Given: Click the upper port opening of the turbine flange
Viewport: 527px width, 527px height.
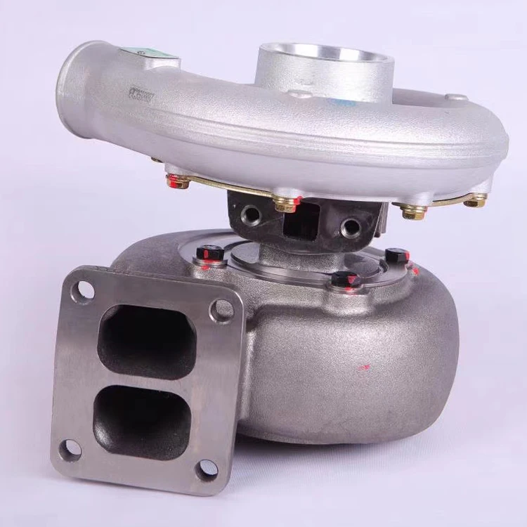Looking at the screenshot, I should [146, 341].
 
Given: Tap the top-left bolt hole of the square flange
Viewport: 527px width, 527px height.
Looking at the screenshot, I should [85, 289].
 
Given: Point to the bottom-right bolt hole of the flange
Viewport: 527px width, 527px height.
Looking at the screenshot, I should [206, 469].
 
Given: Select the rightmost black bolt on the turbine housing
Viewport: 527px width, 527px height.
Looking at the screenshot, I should [396, 256].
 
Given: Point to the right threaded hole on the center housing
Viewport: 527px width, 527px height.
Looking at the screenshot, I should [348, 228].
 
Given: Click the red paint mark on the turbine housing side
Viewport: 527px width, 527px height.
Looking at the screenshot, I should [363, 366].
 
